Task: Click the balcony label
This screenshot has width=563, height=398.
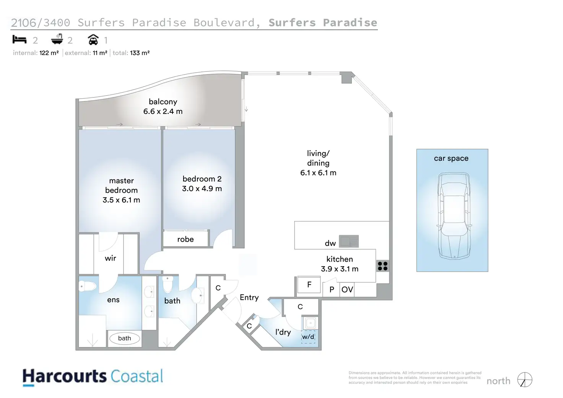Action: pos(163,102)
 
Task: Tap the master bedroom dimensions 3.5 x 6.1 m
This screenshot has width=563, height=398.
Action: pos(121,200)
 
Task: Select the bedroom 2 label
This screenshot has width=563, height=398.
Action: pos(202,179)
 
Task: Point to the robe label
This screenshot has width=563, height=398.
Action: pos(185,239)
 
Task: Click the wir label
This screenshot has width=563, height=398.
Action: pos(111,258)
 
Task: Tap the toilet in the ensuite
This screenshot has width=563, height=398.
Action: pos(87,286)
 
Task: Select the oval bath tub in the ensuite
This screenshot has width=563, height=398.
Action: pos(124,338)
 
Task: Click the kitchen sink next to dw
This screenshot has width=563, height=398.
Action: pos(349,241)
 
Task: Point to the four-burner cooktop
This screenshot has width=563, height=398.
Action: pos(382,266)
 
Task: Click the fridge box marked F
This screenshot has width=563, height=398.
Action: pos(309,285)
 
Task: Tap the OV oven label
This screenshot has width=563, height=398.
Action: pos(347,290)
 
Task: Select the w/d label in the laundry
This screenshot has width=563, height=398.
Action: pos(308,337)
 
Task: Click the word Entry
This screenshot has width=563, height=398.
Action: pos(249,297)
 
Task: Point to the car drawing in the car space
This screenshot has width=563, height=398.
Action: pos(454,216)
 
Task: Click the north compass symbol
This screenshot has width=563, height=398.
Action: pos(525,380)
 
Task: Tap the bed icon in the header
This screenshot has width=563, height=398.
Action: pos(20,40)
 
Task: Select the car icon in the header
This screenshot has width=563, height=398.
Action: pos(93,40)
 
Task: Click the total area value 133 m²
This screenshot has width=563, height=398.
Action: pos(140,53)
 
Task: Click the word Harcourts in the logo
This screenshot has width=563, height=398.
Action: pos(64,377)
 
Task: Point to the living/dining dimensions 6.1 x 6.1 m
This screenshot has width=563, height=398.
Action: pos(318,173)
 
